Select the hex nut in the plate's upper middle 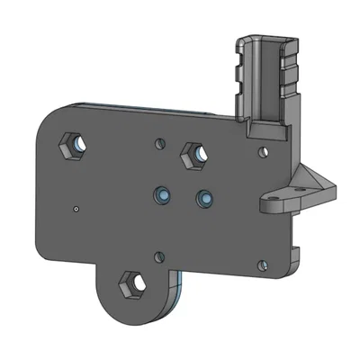coord(193,157)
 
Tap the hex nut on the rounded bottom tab coord(132,284)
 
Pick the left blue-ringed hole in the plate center coord(163,194)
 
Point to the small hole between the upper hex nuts coord(160,142)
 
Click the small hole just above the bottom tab coord(159,257)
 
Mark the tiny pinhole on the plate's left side coord(76,210)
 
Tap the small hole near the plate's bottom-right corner coord(262,265)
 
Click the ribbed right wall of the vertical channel coord(290,81)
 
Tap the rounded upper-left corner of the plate coord(49,117)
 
